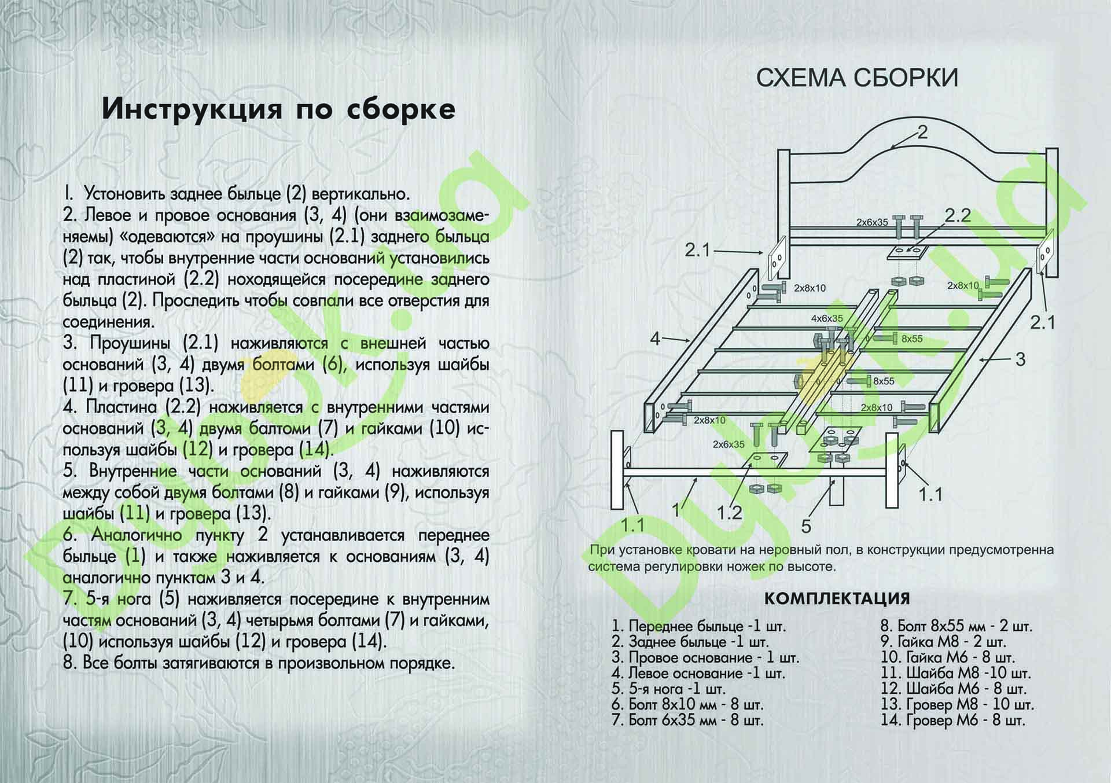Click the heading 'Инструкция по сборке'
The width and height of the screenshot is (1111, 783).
coord(278,109)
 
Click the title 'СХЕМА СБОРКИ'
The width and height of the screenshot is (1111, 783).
coord(857,78)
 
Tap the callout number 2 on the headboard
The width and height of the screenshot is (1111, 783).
coord(922,133)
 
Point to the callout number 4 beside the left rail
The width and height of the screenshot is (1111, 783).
coord(655,338)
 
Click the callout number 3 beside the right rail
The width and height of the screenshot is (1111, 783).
coord(1020,359)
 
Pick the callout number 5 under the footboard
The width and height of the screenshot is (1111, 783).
coord(806,526)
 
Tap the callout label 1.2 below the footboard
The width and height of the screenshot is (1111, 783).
coord(729,513)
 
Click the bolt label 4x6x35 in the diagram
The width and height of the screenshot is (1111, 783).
coord(827,318)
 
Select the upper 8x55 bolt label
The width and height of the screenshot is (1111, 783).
coord(912,339)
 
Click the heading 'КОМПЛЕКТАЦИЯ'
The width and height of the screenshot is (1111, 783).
coord(837,598)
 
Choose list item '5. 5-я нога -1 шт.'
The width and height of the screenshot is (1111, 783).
coord(668,689)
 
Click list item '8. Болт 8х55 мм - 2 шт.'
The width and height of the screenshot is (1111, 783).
coord(956,626)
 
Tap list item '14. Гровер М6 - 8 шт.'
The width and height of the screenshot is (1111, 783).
coord(952,720)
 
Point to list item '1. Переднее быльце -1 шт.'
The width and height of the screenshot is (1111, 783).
coord(699,626)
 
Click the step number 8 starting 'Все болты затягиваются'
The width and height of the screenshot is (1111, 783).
coord(69,663)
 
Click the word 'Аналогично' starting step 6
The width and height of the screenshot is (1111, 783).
coord(137,535)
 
